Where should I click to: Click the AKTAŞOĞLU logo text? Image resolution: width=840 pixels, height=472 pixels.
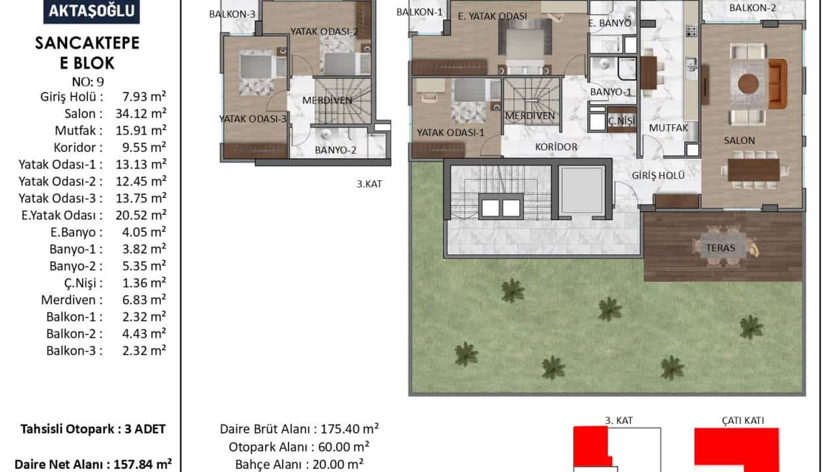click(x=92, y=11)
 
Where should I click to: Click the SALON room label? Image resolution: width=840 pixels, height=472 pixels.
click(x=739, y=141)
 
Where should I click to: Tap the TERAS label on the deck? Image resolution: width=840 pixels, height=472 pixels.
click(x=720, y=248)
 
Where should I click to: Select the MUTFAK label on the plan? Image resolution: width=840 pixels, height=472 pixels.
click(x=668, y=128)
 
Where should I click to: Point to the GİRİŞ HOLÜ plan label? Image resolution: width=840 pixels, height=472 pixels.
click(x=658, y=175)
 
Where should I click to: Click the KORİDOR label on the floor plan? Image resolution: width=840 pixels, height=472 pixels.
click(x=556, y=147)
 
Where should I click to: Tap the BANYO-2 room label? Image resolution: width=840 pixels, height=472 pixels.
click(x=335, y=150)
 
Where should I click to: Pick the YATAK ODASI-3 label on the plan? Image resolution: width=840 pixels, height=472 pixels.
click(x=253, y=119)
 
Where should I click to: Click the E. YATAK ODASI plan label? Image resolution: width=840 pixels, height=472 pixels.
click(x=492, y=16)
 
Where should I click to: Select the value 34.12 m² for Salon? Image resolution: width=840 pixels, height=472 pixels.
click(x=141, y=113)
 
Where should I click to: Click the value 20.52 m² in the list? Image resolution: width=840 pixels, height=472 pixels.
click(x=141, y=215)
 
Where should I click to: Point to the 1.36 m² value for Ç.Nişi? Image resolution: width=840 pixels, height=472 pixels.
click(x=145, y=283)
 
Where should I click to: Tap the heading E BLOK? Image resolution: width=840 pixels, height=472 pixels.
click(x=87, y=63)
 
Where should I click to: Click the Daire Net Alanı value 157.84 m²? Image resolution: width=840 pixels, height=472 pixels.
click(x=143, y=464)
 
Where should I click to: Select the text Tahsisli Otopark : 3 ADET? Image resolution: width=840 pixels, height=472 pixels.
click(x=93, y=429)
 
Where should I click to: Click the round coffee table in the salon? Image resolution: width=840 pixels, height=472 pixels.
click(x=748, y=83)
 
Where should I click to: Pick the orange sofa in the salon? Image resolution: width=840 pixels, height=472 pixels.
click(x=777, y=84)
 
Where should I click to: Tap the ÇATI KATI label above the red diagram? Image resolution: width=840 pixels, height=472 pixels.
click(x=743, y=421)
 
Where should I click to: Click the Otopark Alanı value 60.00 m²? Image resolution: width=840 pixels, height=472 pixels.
click(x=344, y=447)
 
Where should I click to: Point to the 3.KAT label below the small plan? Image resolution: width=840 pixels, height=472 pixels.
click(x=369, y=184)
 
